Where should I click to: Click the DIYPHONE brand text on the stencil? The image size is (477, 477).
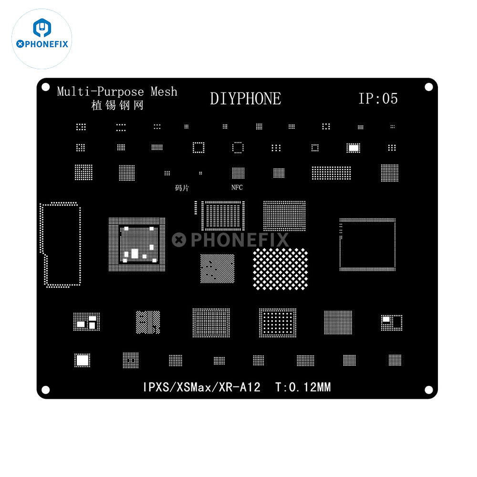pyautogui.click(x=246, y=99)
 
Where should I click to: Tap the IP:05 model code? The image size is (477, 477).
pyautogui.click(x=378, y=99)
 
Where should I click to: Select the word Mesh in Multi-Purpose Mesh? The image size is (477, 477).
pyautogui.click(x=164, y=91)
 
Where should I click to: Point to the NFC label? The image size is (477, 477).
pyautogui.click(x=237, y=187)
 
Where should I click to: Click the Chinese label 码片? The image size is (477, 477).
pyautogui.click(x=182, y=188)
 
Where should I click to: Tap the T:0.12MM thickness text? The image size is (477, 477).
pyautogui.click(x=303, y=387)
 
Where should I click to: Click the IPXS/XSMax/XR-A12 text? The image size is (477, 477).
pyautogui.click(x=202, y=387)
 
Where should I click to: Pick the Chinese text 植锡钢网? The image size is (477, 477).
pyautogui.click(x=117, y=105)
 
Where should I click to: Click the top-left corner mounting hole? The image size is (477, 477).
pyautogui.click(x=46, y=87)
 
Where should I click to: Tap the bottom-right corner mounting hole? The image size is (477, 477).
pyautogui.click(x=429, y=390)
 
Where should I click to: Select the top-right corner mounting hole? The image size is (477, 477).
pyautogui.click(x=429, y=87)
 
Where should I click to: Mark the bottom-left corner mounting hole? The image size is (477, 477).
pyautogui.click(x=46, y=390)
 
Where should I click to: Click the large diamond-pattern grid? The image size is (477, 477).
pyautogui.click(x=280, y=269)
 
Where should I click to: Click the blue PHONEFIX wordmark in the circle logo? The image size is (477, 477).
pyautogui.click(x=42, y=44)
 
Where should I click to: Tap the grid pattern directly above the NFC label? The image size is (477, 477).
pyautogui.click(x=238, y=173)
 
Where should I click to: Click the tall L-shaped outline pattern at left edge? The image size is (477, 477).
pyautogui.click(x=60, y=245)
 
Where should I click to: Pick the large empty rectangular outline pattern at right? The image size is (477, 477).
pyautogui.click(x=367, y=245)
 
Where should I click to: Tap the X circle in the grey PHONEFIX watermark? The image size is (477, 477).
pyautogui.click(x=179, y=240)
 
